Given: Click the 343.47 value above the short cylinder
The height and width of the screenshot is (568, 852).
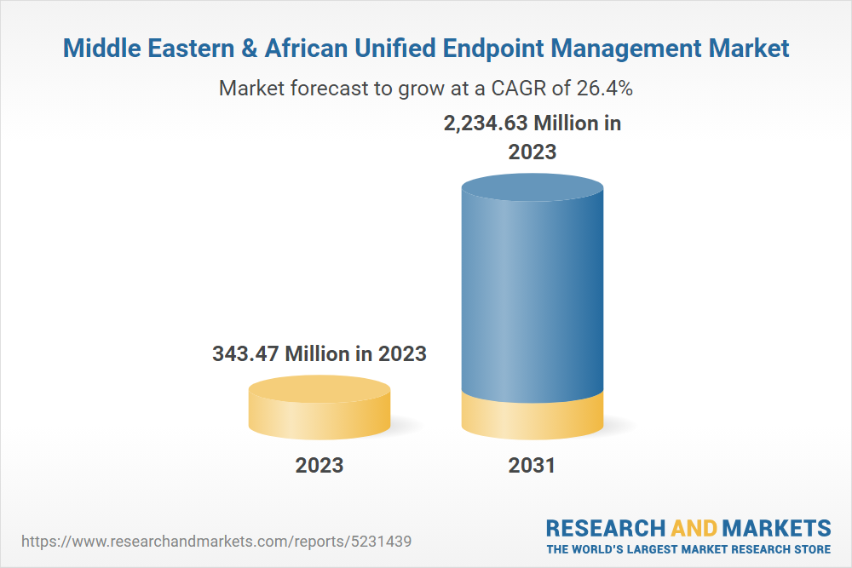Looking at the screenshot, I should (x=245, y=353).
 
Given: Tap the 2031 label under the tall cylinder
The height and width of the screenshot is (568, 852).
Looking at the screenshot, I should (x=532, y=466).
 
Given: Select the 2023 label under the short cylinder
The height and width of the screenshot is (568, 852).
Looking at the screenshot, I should (x=319, y=466).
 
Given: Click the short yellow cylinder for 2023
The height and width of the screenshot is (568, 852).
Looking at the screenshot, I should (x=319, y=409).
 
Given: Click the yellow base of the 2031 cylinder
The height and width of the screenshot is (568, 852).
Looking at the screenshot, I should (x=532, y=415).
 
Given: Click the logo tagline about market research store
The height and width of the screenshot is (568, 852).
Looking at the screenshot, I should (x=688, y=548).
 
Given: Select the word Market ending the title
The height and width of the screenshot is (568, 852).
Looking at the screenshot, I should (x=752, y=49).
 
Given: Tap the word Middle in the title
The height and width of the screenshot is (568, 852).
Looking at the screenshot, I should (x=96, y=49).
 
